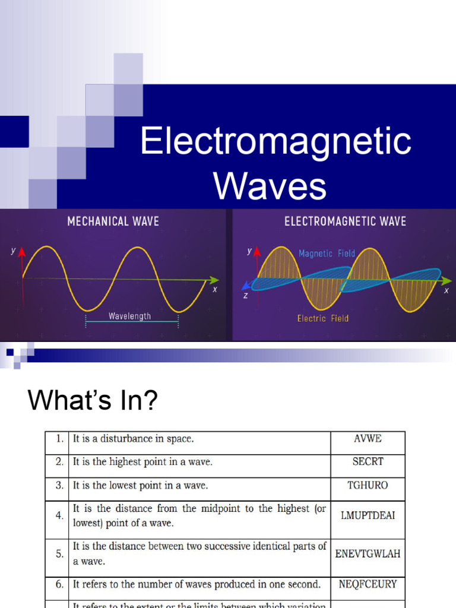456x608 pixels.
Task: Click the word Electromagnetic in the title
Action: (x=275, y=142)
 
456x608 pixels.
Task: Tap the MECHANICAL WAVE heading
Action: (x=113, y=221)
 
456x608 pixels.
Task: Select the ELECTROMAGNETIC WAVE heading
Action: (x=345, y=221)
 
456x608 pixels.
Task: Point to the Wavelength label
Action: (x=129, y=316)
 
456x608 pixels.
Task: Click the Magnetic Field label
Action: (x=327, y=254)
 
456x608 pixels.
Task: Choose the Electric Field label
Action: (x=323, y=319)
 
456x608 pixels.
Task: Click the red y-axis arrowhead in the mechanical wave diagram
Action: (x=23, y=252)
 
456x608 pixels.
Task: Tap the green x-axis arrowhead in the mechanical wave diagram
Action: (x=214, y=280)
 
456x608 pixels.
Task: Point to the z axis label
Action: (x=245, y=295)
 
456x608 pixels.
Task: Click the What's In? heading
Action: (x=93, y=401)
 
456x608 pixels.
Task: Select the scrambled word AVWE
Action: (x=368, y=439)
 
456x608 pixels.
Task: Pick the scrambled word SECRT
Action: (x=368, y=461)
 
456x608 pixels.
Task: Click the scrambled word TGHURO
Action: (x=368, y=485)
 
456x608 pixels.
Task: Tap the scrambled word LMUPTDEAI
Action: (x=368, y=515)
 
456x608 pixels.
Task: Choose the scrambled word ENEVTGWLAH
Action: (x=368, y=554)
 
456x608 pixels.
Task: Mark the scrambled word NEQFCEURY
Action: (x=368, y=584)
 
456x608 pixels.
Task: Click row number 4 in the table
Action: (x=59, y=515)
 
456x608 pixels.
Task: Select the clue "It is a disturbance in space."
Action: (x=134, y=439)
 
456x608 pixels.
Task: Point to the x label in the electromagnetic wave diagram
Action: (x=446, y=291)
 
